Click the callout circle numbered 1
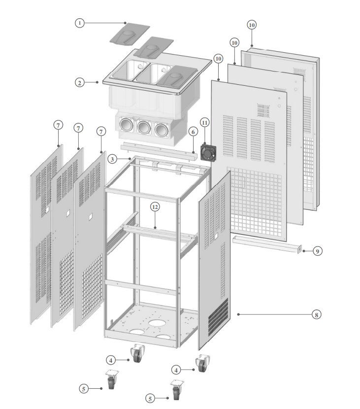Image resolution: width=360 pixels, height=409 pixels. coord(79,23)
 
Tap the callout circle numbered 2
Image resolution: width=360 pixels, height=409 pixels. coord(79,83)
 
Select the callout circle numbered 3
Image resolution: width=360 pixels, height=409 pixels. coord(113,159)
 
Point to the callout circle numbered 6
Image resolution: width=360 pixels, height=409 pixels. coord(193,132)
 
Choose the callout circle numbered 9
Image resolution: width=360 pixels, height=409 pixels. coord(317,251)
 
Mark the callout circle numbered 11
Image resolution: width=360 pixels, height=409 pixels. coord(204,122)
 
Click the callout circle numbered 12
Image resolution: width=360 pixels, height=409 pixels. coord(155,207)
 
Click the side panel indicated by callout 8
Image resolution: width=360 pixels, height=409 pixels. coord(214,261)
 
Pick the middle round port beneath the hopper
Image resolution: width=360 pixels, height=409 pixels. coord(144,128)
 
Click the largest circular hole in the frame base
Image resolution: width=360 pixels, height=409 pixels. coord(157,323)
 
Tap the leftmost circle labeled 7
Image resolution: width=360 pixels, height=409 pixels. coord(58,125)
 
